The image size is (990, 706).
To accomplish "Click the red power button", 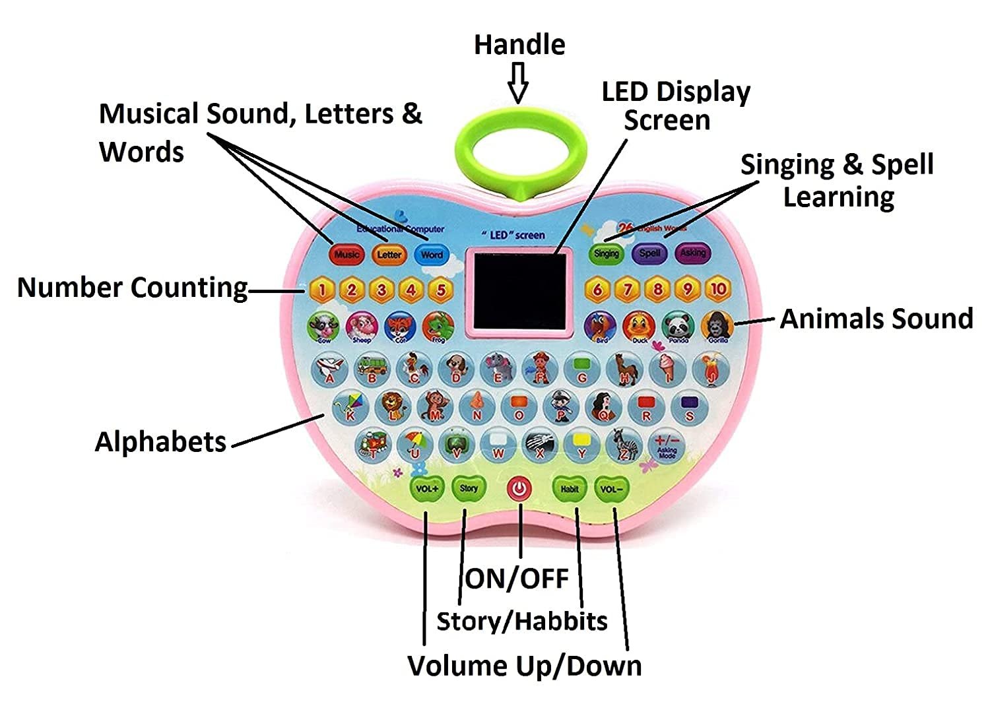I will (x=520, y=489).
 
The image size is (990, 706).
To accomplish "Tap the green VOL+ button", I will (x=426, y=489).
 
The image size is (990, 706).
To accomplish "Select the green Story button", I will (x=469, y=489).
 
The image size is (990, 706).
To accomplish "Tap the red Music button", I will (x=346, y=254).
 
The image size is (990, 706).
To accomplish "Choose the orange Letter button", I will (x=389, y=254).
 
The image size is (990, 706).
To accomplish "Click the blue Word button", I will (x=432, y=254).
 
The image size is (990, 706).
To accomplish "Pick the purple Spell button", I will (x=649, y=253).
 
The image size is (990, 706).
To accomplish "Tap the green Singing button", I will (x=607, y=253).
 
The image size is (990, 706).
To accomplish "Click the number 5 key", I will (x=441, y=289).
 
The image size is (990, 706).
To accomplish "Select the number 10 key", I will (x=718, y=288).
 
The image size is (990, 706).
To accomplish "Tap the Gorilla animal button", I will (x=717, y=325).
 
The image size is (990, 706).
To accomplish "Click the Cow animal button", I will (x=324, y=326).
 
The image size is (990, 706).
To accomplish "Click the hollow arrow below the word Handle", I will (x=519, y=82).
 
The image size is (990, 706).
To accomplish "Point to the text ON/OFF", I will (x=517, y=579).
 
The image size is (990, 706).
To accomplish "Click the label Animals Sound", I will (x=876, y=319).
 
